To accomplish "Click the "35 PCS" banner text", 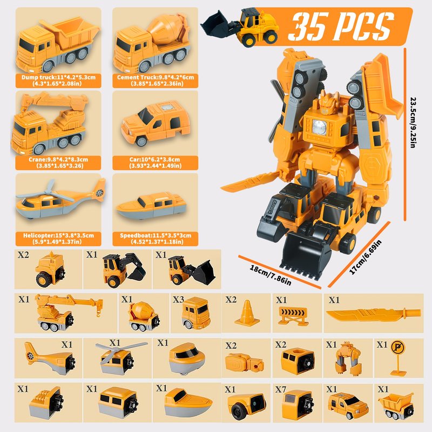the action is pos(342,26).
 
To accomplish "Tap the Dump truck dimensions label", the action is pos(58,80).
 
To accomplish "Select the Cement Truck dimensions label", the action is pos(156,80).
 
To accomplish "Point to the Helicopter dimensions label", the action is pos(58,239).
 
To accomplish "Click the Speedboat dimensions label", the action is pos(156,239).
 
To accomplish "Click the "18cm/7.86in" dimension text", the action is pos(271,275).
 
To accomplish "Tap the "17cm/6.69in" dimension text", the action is pos(365,257).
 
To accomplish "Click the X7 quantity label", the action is pos(280,389).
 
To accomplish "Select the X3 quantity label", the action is pos(178,299).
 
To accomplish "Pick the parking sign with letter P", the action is pos(398,357).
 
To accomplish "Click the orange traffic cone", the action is pos(247,313).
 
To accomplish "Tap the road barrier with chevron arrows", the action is pos(293,316).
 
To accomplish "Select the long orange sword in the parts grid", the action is pos(373,314).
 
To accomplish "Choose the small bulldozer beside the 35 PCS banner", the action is pos(239,27).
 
